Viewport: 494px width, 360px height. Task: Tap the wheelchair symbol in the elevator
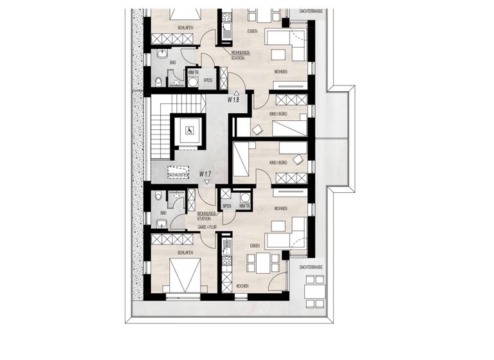pos(189,130)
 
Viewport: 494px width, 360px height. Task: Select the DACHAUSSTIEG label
pos(178,174)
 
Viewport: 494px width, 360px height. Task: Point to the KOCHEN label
pos(242,285)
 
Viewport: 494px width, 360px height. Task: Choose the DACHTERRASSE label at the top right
pos(311,12)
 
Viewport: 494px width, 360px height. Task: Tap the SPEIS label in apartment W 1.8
pos(208,81)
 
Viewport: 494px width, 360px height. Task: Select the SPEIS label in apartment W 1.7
pos(226,206)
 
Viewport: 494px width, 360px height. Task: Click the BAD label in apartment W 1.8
pos(172,62)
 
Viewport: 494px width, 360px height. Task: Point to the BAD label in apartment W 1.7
pos(163,213)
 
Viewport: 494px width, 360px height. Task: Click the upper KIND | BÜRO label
pos(278,113)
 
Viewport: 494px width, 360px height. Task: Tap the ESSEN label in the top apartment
pos(253,31)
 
